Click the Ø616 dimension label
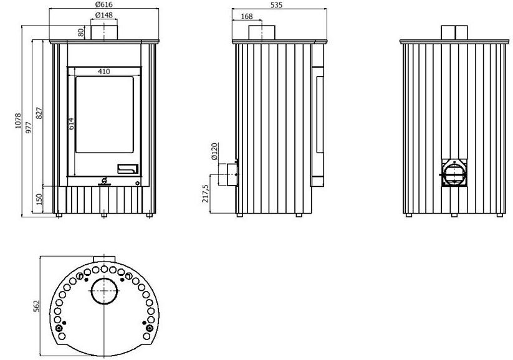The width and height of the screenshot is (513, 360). (x=103, y=4)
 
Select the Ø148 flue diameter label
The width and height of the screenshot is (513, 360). (x=103, y=15)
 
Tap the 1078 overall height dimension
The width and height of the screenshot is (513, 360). (x=18, y=121)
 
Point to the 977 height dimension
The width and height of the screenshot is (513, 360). (x=29, y=127)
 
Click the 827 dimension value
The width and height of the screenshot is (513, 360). (x=39, y=113)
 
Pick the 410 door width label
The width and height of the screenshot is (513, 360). (x=104, y=71)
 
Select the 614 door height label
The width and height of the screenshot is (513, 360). (x=71, y=123)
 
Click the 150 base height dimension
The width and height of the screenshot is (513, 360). (x=39, y=199)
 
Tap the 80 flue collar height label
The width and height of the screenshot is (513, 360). (x=81, y=32)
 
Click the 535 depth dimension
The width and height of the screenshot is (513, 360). (x=277, y=5)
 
